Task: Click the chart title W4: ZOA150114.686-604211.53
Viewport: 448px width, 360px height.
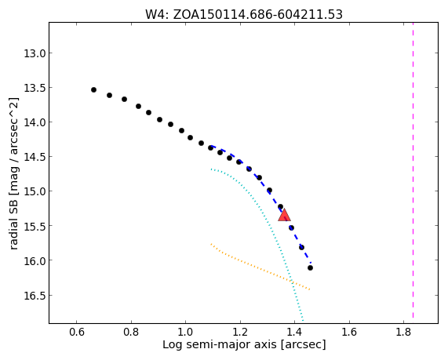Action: (244, 14)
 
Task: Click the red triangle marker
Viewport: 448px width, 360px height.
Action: (284, 216)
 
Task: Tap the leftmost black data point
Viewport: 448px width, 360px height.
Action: (93, 89)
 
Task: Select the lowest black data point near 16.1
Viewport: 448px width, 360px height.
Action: (310, 267)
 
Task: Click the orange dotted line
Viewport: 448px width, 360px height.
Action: (260, 267)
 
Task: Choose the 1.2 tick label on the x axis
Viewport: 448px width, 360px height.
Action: (240, 333)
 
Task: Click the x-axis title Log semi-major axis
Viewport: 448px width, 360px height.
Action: (220, 344)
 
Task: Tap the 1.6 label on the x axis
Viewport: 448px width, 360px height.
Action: (349, 333)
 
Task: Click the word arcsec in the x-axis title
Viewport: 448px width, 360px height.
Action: (303, 345)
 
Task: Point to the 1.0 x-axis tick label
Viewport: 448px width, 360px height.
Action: (185, 333)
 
